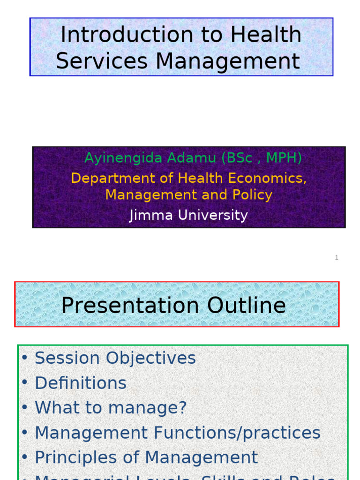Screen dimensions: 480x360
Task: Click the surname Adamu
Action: click(195, 158)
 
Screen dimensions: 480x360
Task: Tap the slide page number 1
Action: click(337, 257)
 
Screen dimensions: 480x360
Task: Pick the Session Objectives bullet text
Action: click(115, 358)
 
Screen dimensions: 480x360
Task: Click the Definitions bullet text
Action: click(81, 383)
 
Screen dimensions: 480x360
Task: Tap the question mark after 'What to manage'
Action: click(182, 408)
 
